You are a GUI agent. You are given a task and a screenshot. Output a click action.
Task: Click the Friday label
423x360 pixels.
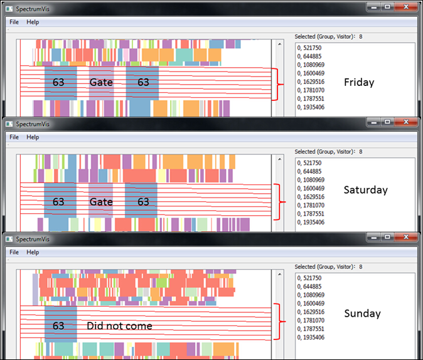point(359,82)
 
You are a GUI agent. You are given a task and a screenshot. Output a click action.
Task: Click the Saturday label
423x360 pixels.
point(366,189)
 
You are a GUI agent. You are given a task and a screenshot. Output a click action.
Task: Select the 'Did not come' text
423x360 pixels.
point(119,326)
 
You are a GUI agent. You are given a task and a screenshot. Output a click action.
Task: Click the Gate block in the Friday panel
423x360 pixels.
point(100,82)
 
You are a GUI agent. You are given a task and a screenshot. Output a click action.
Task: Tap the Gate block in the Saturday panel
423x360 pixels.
point(100,201)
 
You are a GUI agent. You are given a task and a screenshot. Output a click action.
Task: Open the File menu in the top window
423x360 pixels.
point(14,22)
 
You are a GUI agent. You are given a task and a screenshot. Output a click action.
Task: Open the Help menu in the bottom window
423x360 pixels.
point(33,252)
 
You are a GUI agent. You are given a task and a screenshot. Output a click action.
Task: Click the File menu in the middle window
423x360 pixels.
point(14,137)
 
